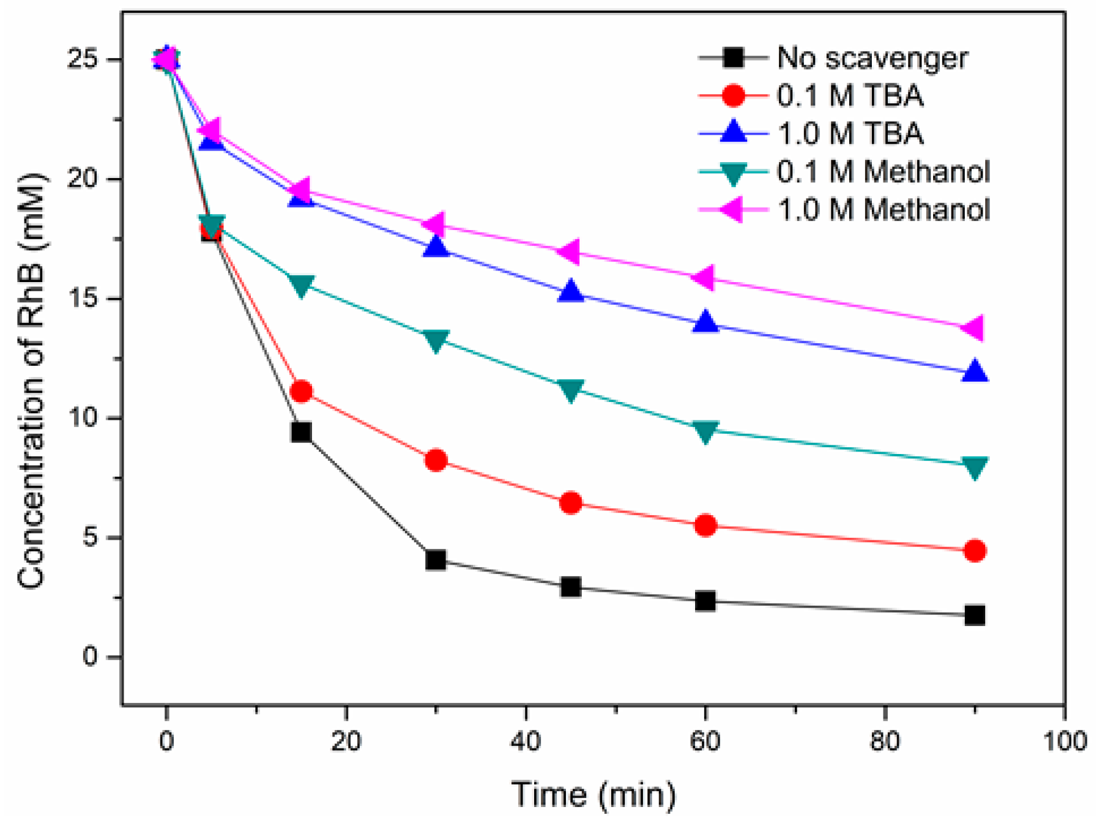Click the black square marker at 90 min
point(974,615)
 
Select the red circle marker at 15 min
point(301,391)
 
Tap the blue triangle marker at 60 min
point(705,322)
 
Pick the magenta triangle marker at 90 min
point(973,328)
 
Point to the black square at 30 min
point(436,559)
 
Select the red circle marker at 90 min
point(974,551)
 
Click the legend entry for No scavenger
point(872,58)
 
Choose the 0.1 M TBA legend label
point(850,96)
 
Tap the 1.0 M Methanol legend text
point(883,210)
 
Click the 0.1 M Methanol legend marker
point(733,173)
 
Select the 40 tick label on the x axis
point(526,742)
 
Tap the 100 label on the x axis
point(1065,742)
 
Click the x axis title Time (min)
point(593,795)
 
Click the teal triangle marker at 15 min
point(301,285)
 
